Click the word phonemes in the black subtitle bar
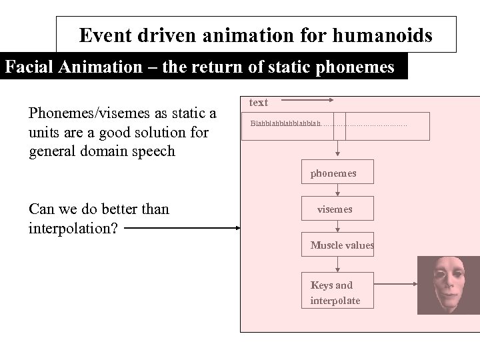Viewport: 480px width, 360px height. tap(359, 67)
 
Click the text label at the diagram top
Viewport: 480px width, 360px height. tap(258, 102)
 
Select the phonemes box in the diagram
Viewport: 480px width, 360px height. tap(337, 173)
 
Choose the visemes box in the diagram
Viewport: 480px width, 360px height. tap(337, 209)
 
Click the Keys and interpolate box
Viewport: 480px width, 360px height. tap(337, 292)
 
